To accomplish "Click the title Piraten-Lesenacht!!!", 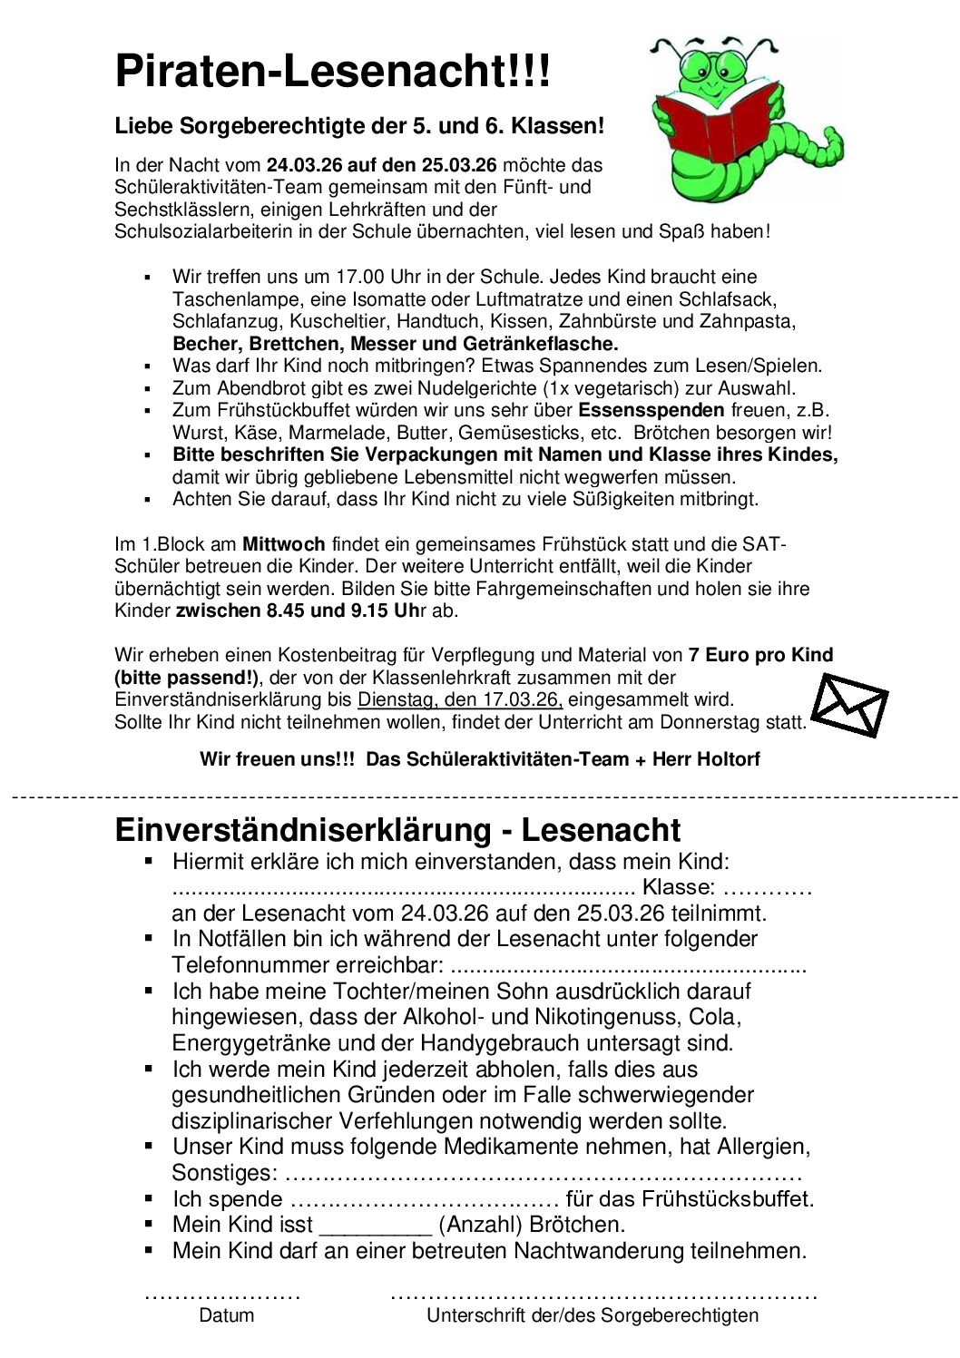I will (x=332, y=71).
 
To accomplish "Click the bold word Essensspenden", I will (x=651, y=410).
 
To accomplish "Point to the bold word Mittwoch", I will (x=283, y=544).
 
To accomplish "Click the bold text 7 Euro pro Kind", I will (x=760, y=655).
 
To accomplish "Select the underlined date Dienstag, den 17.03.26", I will (x=460, y=699).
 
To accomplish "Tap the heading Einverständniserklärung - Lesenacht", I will (x=397, y=829).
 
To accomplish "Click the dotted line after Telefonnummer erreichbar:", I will (x=627, y=965).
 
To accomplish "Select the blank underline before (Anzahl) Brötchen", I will (x=376, y=1226).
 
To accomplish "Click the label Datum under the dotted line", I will (x=227, y=1315).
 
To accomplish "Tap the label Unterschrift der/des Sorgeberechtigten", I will (x=593, y=1315).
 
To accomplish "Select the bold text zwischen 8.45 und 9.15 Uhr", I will (x=300, y=611).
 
